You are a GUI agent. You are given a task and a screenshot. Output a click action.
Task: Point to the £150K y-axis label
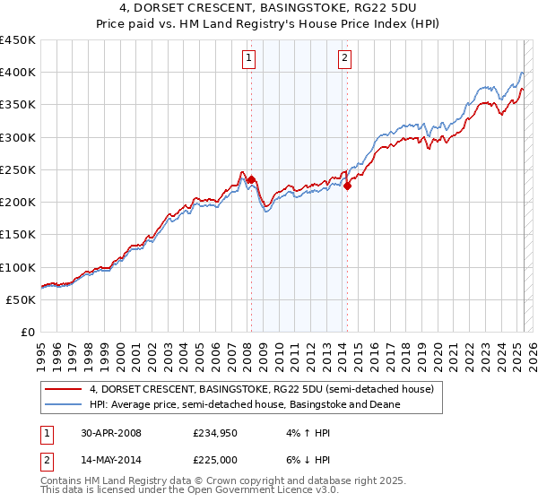(18, 234)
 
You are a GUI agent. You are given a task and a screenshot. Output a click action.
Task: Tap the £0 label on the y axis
(27, 332)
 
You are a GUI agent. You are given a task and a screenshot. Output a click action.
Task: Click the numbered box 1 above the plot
(248, 60)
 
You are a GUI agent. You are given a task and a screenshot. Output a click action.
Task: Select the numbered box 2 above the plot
(344, 60)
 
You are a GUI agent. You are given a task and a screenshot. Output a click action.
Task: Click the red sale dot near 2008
(251, 179)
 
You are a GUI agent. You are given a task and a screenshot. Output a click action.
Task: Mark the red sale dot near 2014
(347, 186)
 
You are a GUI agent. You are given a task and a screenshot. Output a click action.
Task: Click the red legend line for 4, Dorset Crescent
(62, 389)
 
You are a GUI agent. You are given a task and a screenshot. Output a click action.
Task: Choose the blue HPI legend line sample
(62, 404)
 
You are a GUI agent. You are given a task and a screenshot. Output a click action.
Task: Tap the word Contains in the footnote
(63, 481)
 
